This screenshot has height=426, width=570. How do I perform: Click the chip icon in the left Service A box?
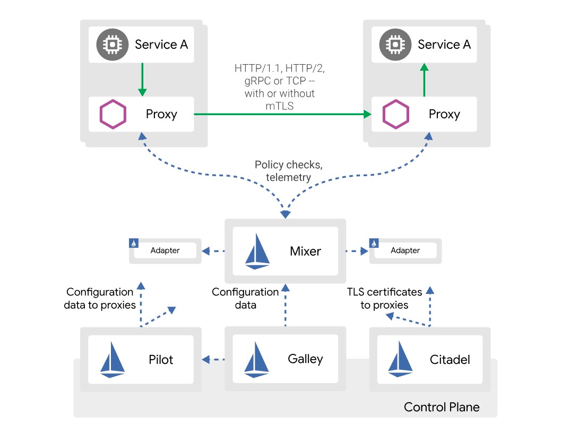[x=112, y=45]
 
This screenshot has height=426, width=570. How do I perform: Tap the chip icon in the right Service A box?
[x=395, y=45]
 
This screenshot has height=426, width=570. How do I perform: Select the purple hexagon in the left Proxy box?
[x=113, y=114]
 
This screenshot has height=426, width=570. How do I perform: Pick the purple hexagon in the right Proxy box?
[x=396, y=114]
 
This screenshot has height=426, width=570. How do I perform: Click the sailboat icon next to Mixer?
[x=257, y=251]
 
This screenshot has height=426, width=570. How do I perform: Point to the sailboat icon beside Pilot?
[x=113, y=360]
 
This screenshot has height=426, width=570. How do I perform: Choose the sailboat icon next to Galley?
[x=257, y=360]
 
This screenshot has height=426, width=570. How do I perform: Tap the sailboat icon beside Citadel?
[x=401, y=360]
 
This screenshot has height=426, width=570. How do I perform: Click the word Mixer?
[x=305, y=251]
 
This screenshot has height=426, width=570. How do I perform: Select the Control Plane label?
[x=442, y=407]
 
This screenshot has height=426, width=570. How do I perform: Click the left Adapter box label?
[x=165, y=250]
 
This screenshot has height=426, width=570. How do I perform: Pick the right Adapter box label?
[x=405, y=250]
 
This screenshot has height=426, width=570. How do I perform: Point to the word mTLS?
[x=280, y=106]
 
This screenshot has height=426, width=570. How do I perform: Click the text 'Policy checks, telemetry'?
[x=289, y=171]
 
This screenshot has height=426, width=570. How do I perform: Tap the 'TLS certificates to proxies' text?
[x=385, y=298]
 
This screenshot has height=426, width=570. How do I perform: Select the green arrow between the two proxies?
[x=281, y=114]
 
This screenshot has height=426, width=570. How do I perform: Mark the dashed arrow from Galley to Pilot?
[x=214, y=360]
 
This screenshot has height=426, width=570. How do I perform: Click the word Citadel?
[x=450, y=360]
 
